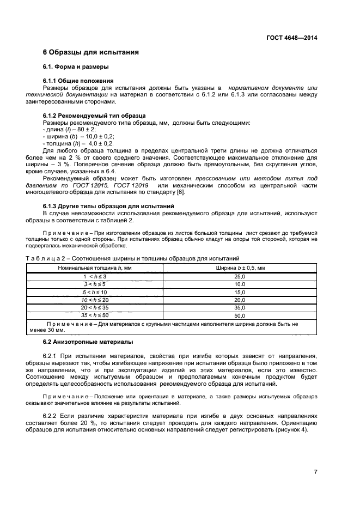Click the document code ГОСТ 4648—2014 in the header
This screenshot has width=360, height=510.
291,38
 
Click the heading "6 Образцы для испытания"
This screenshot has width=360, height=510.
90,53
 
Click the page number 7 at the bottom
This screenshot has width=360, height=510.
315,472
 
